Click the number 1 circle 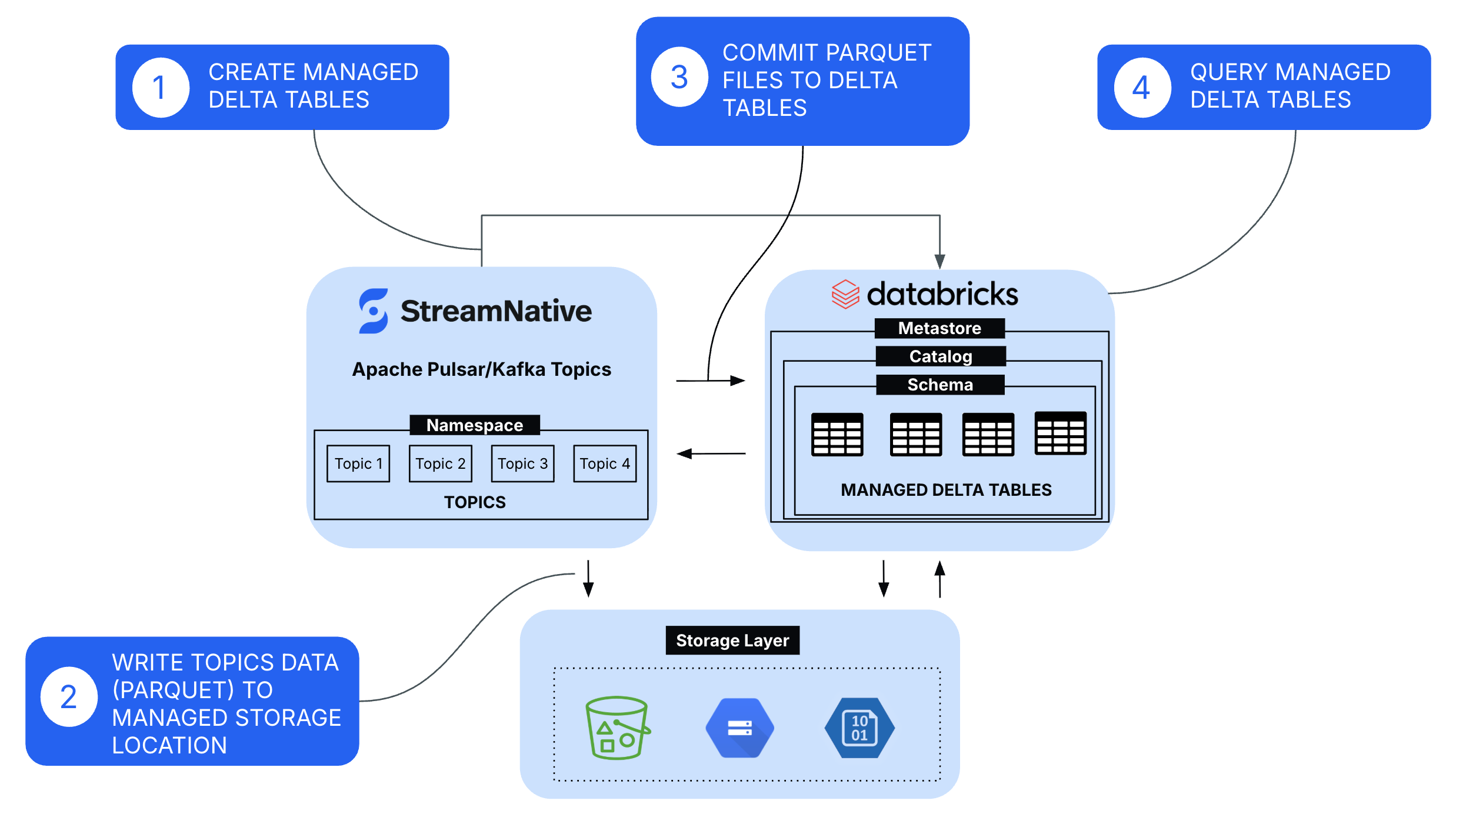coord(160,88)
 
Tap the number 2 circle coord(69,697)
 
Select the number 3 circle coord(679,77)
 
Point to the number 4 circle coord(1142,88)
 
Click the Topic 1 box coord(358,463)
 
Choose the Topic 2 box coord(440,463)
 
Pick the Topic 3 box coord(522,463)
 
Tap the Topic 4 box coord(605,463)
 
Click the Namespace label coord(474,425)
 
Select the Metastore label coord(939,328)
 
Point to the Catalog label coord(941,356)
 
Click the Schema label coord(940,385)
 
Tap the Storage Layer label coord(732,640)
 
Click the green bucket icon coord(617,728)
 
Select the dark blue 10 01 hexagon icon coord(859,728)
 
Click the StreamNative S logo coord(373,311)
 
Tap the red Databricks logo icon coord(845,294)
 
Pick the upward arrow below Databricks coord(940,579)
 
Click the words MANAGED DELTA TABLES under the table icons coord(946,490)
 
